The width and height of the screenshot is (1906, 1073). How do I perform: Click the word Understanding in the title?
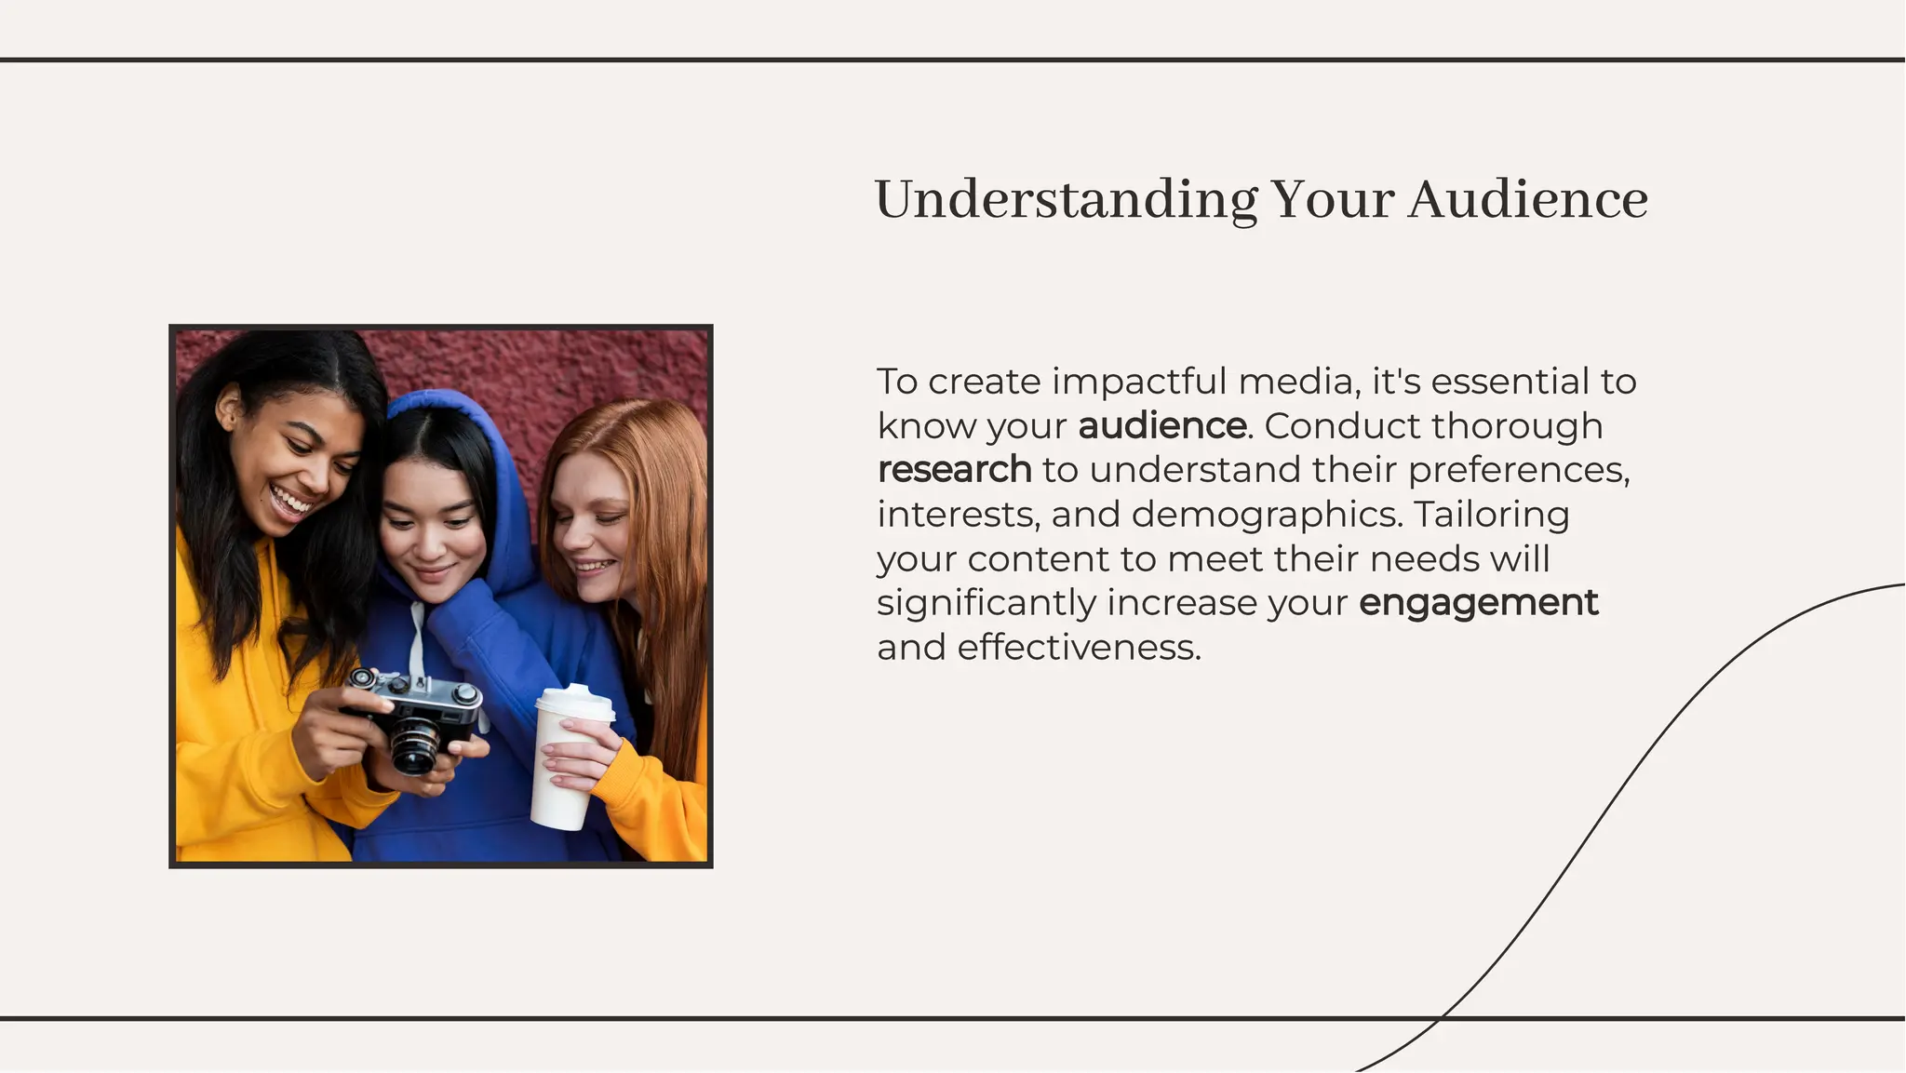pos(1066,200)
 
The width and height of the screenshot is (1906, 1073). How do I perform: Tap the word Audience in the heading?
pos(1527,200)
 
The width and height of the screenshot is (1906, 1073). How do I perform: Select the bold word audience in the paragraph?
pos(1162,426)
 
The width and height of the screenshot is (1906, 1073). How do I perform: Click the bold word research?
pos(954,470)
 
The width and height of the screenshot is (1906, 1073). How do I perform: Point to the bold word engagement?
pos(1478,603)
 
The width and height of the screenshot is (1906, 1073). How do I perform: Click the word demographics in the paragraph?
pos(1267,515)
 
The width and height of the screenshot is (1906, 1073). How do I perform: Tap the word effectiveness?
pos(1079,648)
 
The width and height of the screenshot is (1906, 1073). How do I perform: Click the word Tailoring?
pos(1492,515)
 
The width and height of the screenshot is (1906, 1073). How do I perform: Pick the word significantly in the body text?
pos(987,603)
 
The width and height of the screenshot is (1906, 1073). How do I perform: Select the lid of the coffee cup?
pos(574,703)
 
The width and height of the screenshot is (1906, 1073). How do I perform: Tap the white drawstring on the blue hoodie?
pos(418,642)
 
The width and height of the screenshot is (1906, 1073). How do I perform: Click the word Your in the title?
pos(1332,200)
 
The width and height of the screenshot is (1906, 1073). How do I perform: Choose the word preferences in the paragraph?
pos(1518,470)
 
